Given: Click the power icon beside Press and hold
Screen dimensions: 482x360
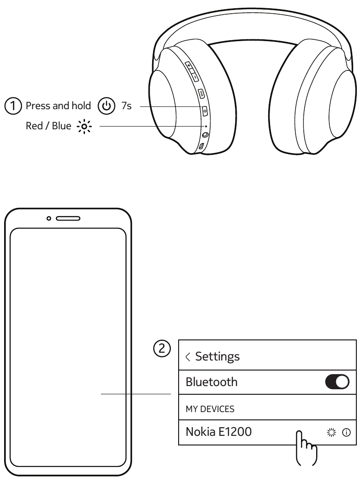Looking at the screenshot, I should (x=106, y=106).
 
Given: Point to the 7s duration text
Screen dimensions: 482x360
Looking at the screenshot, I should (x=126, y=106).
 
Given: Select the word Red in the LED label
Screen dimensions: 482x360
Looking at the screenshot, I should (x=34, y=126).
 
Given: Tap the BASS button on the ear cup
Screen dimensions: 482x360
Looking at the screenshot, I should (x=201, y=93).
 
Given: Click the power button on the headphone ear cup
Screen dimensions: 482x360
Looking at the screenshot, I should (x=204, y=110).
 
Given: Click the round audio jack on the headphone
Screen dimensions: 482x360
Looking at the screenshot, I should (x=205, y=135).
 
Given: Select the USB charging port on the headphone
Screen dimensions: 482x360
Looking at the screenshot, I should (x=201, y=146).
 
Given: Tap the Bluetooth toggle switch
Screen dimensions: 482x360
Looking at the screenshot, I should (x=337, y=382).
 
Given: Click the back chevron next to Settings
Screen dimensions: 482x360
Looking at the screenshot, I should (x=188, y=357).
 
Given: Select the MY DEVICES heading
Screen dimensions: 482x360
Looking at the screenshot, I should (x=210, y=409).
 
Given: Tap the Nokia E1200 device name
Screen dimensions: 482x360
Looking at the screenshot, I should (x=218, y=431).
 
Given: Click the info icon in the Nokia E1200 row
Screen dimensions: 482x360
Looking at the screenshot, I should (x=346, y=432).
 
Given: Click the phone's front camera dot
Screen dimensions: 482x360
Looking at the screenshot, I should (x=49, y=218).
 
